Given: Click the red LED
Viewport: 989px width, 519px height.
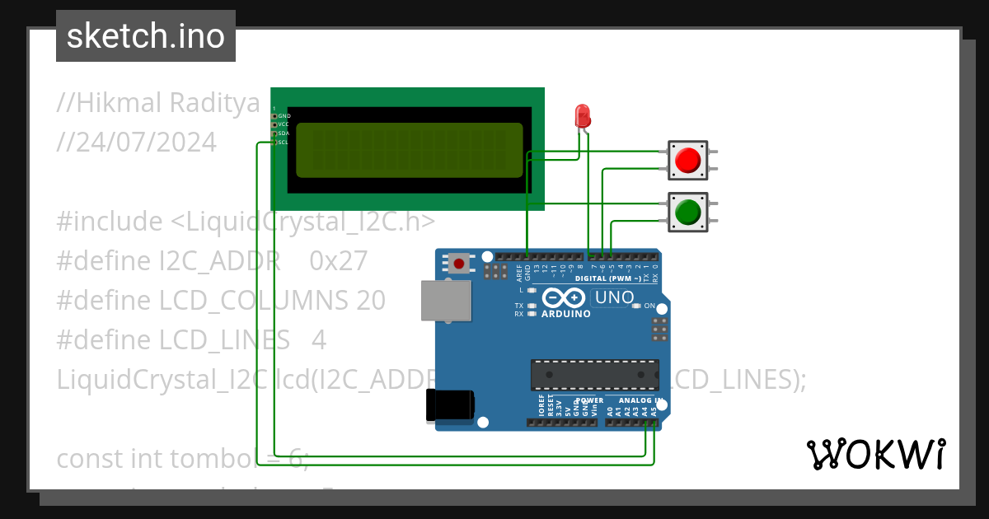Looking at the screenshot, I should pos(583,116).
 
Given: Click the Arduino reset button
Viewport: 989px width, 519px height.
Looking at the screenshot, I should pos(458,264).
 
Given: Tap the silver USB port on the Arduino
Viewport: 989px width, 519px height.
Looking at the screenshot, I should pos(443,300).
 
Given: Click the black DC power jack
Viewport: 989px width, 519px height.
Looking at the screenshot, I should pos(449,404).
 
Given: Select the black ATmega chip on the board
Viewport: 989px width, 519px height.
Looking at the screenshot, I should pos(594,374).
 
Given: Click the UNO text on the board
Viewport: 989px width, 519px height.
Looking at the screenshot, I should pos(614,297).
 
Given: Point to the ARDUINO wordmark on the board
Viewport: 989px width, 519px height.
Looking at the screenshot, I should pos(565,314).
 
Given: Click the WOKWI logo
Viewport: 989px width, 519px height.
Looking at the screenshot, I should pos(875,454).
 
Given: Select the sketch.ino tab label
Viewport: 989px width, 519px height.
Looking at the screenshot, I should pos(146,36).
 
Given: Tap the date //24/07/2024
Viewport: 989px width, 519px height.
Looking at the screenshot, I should pos(137,143).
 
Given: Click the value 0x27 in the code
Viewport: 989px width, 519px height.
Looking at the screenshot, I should pos(339,261).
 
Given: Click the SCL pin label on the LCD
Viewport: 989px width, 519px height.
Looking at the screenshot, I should pos(283,143).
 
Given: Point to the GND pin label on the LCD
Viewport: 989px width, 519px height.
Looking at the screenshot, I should pos(284,116).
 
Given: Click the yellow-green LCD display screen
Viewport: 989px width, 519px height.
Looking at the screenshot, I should pos(410,150).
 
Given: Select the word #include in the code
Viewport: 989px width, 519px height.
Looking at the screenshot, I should pos(110,222).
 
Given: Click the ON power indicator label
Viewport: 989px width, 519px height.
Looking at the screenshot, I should pos(649,306).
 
